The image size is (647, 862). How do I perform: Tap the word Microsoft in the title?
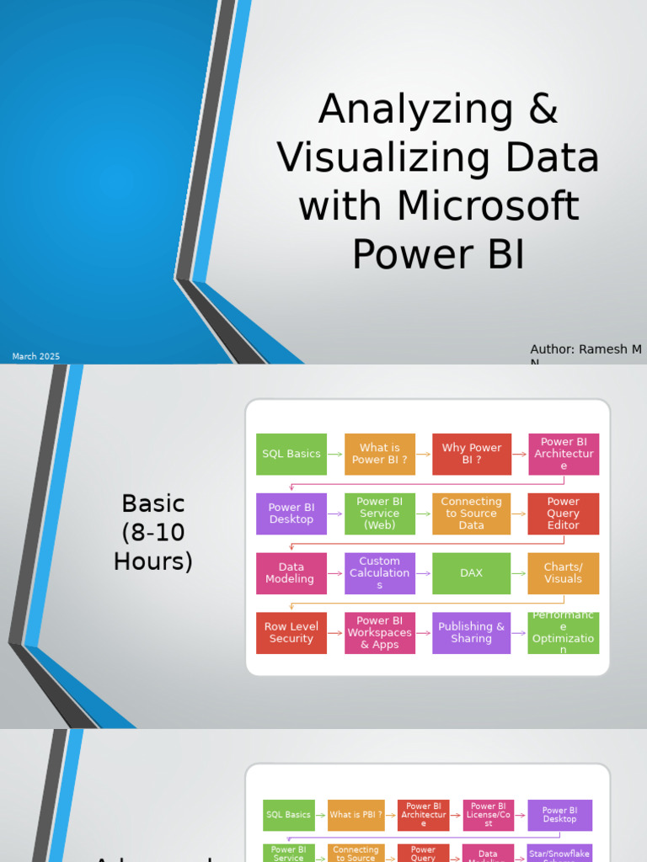pyautogui.click(x=489, y=207)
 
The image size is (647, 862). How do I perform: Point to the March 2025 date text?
pyautogui.click(x=36, y=357)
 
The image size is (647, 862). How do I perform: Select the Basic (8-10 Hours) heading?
pyautogui.click(x=152, y=532)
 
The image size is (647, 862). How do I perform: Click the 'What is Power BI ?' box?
pyautogui.click(x=380, y=455)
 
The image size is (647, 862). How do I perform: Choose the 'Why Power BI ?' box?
pyautogui.click(x=472, y=455)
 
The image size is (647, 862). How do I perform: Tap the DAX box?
pyautogui.click(x=472, y=573)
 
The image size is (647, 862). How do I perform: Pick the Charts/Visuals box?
pyautogui.click(x=564, y=573)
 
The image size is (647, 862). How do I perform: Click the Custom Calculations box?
pyautogui.click(x=380, y=573)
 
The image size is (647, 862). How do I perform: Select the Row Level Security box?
pyautogui.click(x=291, y=633)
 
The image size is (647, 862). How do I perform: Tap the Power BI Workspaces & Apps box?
pyautogui.click(x=380, y=633)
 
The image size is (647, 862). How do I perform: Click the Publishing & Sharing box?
pyautogui.click(x=472, y=633)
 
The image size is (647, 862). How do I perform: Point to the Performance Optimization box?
pyautogui.click(x=564, y=633)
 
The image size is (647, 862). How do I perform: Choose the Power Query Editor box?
pyautogui.click(x=564, y=513)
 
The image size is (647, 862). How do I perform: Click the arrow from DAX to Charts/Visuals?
pyautogui.click(x=519, y=573)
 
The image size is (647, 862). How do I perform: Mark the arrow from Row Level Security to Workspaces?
pyautogui.click(x=335, y=633)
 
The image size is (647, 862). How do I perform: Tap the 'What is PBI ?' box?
pyautogui.click(x=356, y=815)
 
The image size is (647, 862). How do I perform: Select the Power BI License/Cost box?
pyautogui.click(x=489, y=815)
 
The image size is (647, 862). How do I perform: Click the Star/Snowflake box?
pyautogui.click(x=560, y=853)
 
